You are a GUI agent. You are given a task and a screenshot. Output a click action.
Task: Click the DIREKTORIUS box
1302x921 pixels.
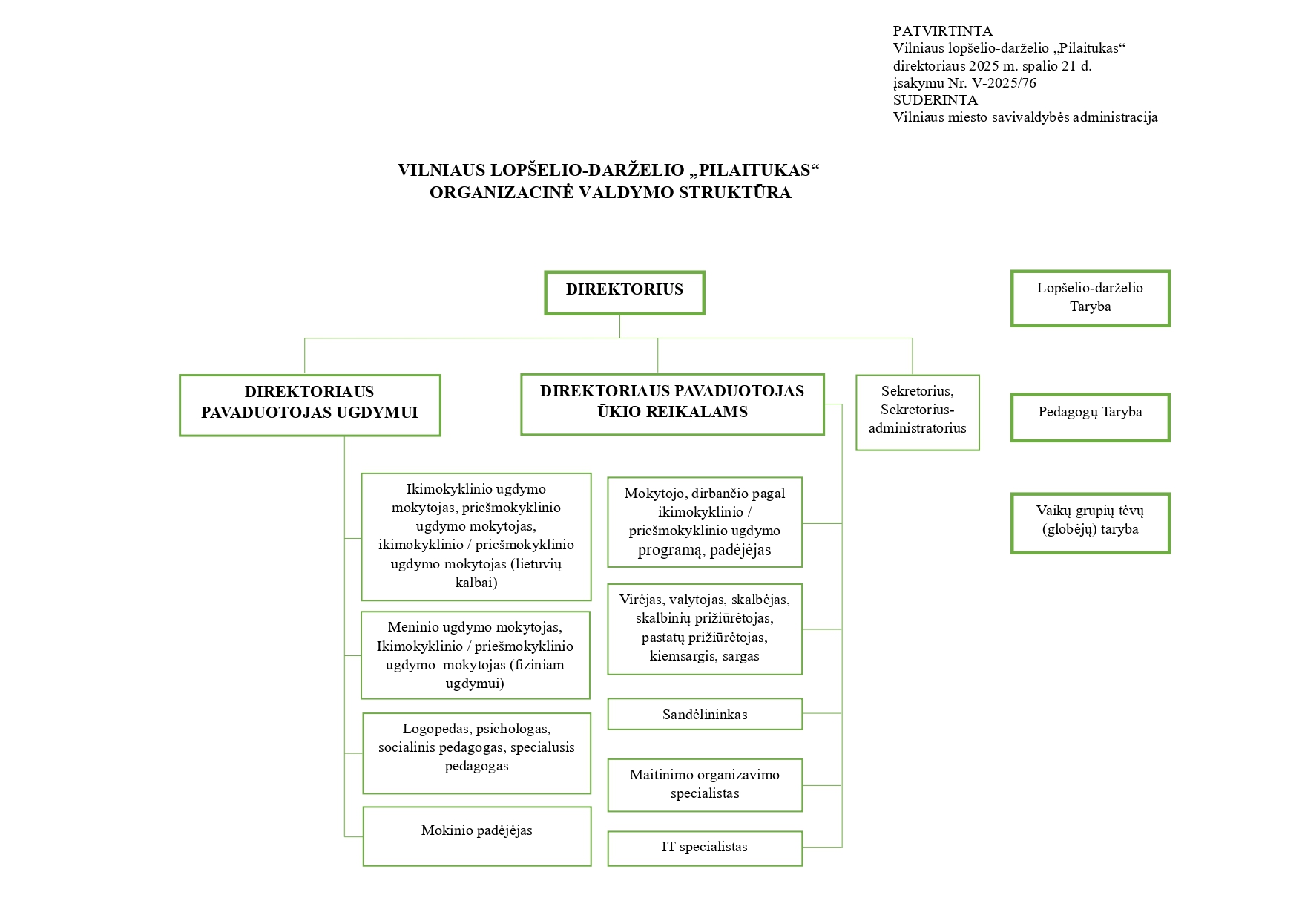point(624,292)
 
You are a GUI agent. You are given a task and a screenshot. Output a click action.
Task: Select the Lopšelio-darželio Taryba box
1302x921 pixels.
point(1090,298)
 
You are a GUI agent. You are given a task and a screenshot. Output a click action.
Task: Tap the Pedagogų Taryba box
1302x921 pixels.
point(1090,417)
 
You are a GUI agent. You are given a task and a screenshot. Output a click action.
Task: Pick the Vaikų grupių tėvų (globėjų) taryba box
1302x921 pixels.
point(1090,523)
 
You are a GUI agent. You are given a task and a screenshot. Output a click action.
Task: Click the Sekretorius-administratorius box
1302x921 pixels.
point(917,412)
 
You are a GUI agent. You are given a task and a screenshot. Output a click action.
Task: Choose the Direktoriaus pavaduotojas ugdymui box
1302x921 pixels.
point(309,405)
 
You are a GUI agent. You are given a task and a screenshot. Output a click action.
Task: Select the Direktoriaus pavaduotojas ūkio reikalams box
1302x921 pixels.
point(672,404)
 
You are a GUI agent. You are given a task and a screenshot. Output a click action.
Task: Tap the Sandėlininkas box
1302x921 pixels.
point(704,714)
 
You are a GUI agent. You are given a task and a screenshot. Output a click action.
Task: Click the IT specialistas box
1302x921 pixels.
point(704,848)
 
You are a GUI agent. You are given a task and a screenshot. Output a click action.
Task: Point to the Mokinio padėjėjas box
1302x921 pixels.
point(476,836)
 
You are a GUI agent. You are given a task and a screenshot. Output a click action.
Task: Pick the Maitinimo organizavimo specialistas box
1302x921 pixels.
point(704,784)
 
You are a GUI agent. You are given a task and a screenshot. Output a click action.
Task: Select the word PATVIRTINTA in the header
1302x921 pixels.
point(942,31)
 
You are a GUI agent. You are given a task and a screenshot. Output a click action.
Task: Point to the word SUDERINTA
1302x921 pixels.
point(935,100)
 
